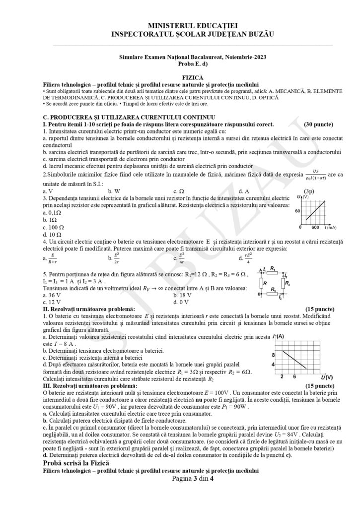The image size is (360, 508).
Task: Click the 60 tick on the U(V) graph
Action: pyautogui.click(x=299, y=211)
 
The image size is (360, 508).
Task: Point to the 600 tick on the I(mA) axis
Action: pyautogui.click(x=316, y=228)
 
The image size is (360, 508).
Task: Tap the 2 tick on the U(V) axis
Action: pyautogui.click(x=282, y=377)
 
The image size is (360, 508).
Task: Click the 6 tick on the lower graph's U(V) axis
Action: pyautogui.click(x=294, y=377)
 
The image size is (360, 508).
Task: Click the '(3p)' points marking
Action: pyautogui.click(x=310, y=191)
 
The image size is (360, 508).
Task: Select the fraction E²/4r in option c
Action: pyautogui.click(x=181, y=257)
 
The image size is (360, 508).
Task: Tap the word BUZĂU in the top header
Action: pyautogui.click(x=259, y=34)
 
